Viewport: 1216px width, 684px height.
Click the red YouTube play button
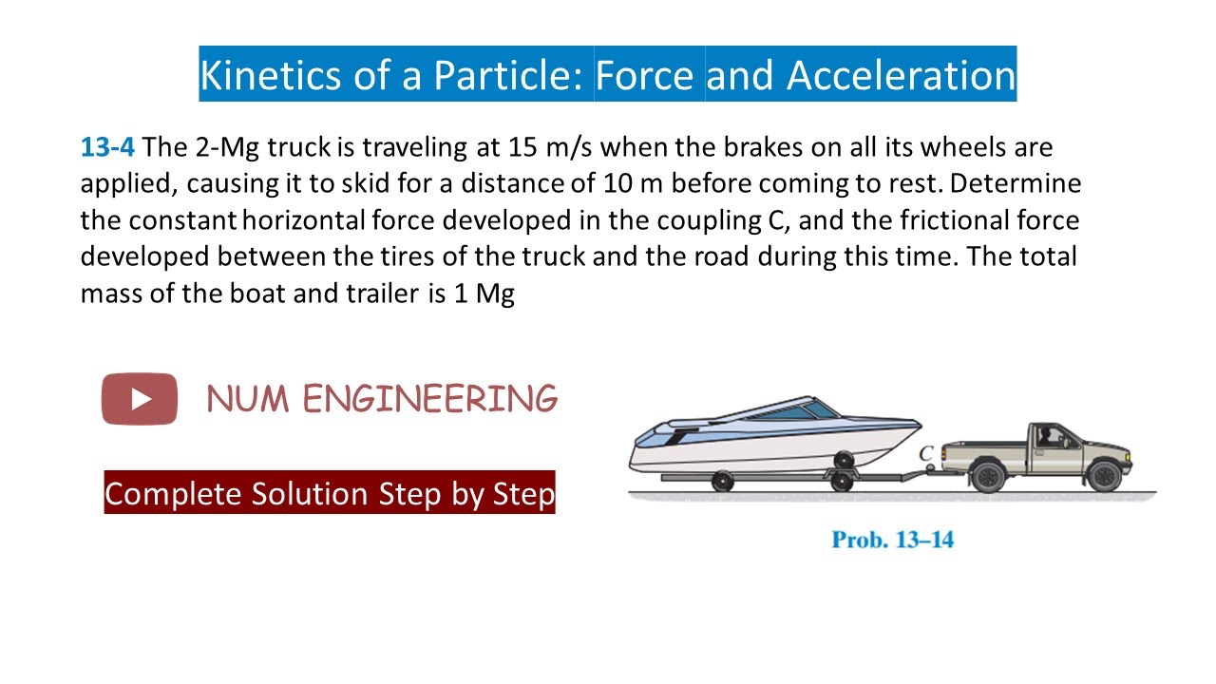pyautogui.click(x=140, y=399)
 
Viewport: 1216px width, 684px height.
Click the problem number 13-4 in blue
pyautogui.click(x=107, y=148)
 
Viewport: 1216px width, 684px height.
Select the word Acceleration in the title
pyautogui.click(x=901, y=75)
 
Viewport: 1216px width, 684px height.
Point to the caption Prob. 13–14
pyautogui.click(x=892, y=540)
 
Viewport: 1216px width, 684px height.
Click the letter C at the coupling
pyautogui.click(x=925, y=454)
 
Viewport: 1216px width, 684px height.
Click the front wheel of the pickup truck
pyautogui.click(x=1103, y=475)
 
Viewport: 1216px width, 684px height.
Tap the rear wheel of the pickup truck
pyautogui.click(x=989, y=475)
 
